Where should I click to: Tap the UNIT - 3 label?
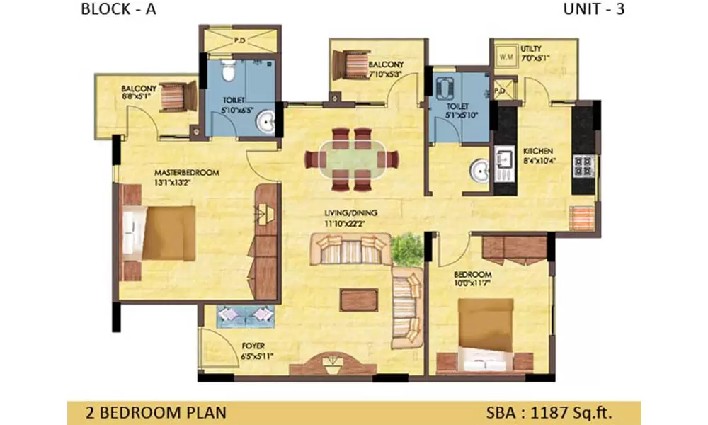tap(593, 10)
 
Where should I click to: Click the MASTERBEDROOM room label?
tap(188, 172)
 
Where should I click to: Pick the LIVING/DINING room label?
tap(352, 212)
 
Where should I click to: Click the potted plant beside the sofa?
tap(406, 249)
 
